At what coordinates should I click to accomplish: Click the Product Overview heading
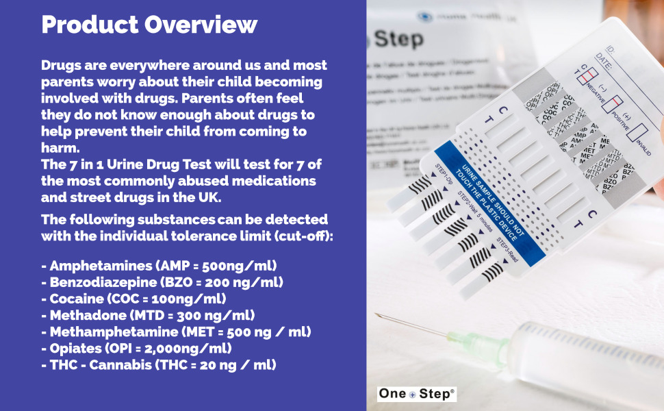[x=149, y=25]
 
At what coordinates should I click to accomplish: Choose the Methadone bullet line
[x=148, y=315]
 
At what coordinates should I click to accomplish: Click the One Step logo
[x=417, y=394]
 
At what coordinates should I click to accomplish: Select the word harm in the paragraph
[x=60, y=147]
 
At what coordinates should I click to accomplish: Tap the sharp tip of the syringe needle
[x=377, y=314]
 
